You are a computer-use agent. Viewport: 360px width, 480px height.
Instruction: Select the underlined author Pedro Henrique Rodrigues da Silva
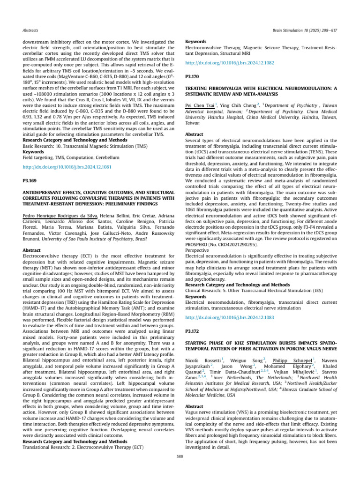tap(60, 215)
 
